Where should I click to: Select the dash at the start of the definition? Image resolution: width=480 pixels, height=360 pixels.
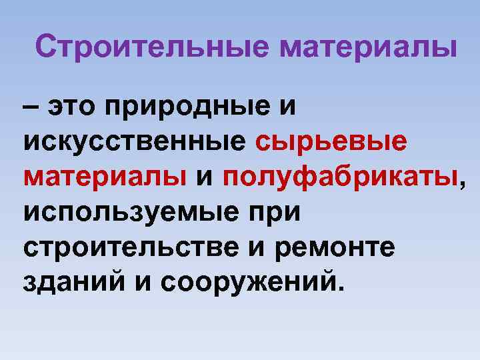click(31, 107)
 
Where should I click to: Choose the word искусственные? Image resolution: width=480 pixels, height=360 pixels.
click(135, 141)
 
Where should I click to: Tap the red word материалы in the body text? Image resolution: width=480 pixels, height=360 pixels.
click(105, 177)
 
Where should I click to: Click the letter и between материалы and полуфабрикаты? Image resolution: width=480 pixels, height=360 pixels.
click(205, 177)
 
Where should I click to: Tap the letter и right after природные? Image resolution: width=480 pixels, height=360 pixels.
click(285, 107)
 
